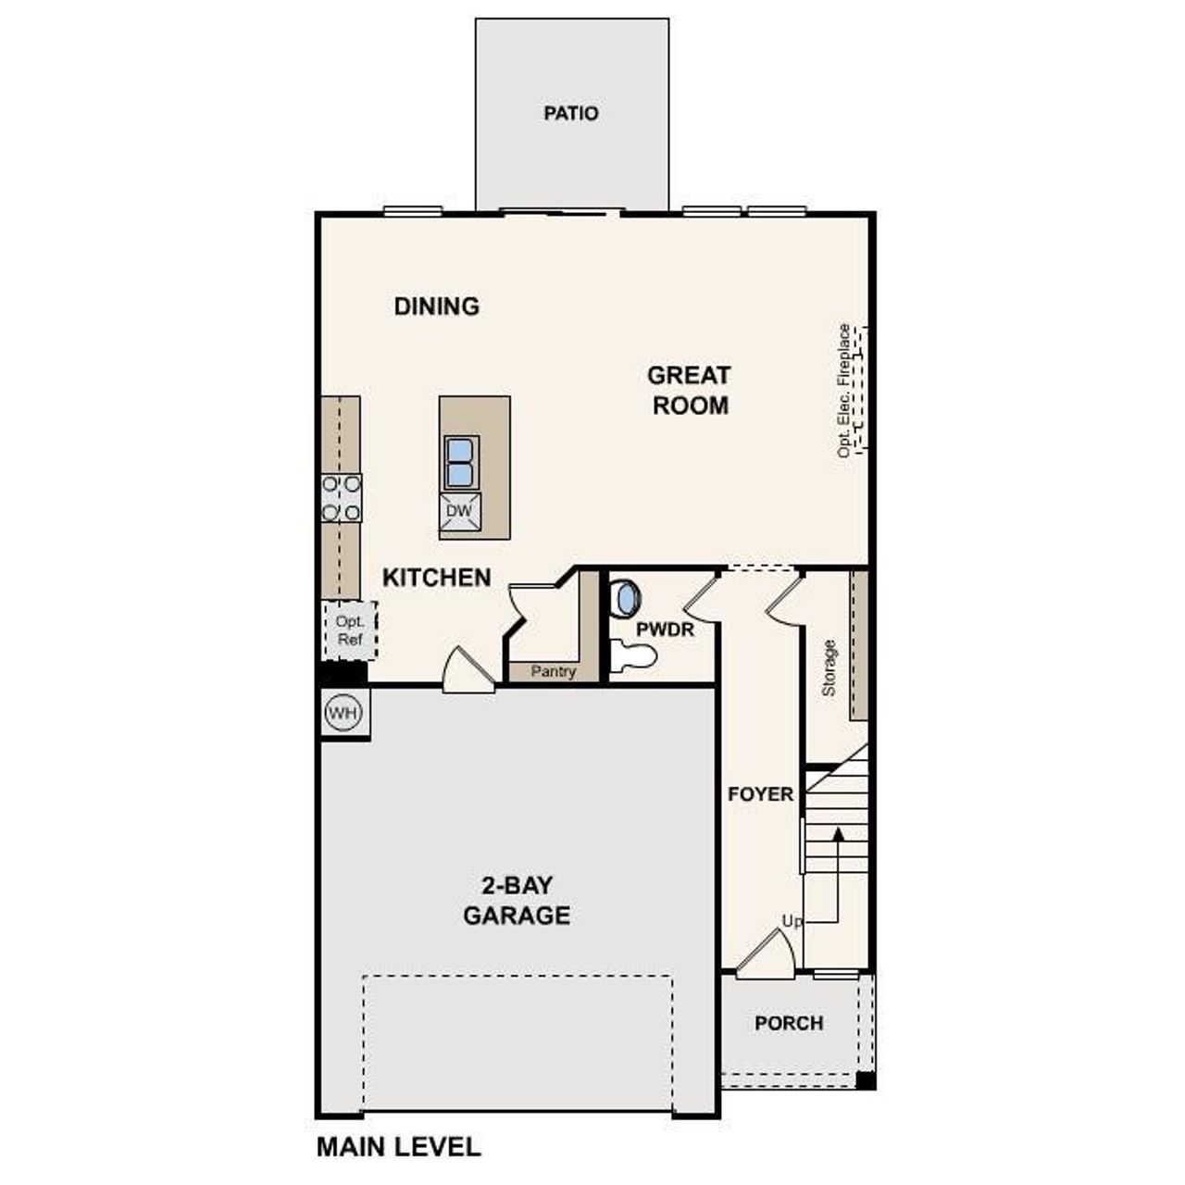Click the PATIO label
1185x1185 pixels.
[x=570, y=113]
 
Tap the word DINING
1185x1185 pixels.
[x=436, y=306]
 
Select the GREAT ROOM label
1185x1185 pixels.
[x=689, y=390]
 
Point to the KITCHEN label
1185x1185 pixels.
[x=436, y=578]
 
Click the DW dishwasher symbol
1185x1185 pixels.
[x=460, y=511]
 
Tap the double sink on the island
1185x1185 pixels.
[x=460, y=462]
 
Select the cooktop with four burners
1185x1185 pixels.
[x=341, y=498]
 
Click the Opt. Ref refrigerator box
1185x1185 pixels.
[x=349, y=630]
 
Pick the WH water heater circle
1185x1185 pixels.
[x=343, y=713]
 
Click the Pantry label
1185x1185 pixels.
[x=553, y=672]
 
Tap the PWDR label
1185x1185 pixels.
[x=665, y=630]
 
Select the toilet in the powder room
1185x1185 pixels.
[x=635, y=656]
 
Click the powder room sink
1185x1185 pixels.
[x=627, y=597]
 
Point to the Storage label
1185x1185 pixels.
[x=829, y=667]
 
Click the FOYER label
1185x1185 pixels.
[x=760, y=794]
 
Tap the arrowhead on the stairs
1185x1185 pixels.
[x=838, y=834]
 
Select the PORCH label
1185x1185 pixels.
[x=789, y=1023]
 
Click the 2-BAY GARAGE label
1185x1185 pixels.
[x=517, y=901]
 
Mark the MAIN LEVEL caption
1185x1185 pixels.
[x=398, y=1147]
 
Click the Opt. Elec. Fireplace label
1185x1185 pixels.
[x=843, y=390]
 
